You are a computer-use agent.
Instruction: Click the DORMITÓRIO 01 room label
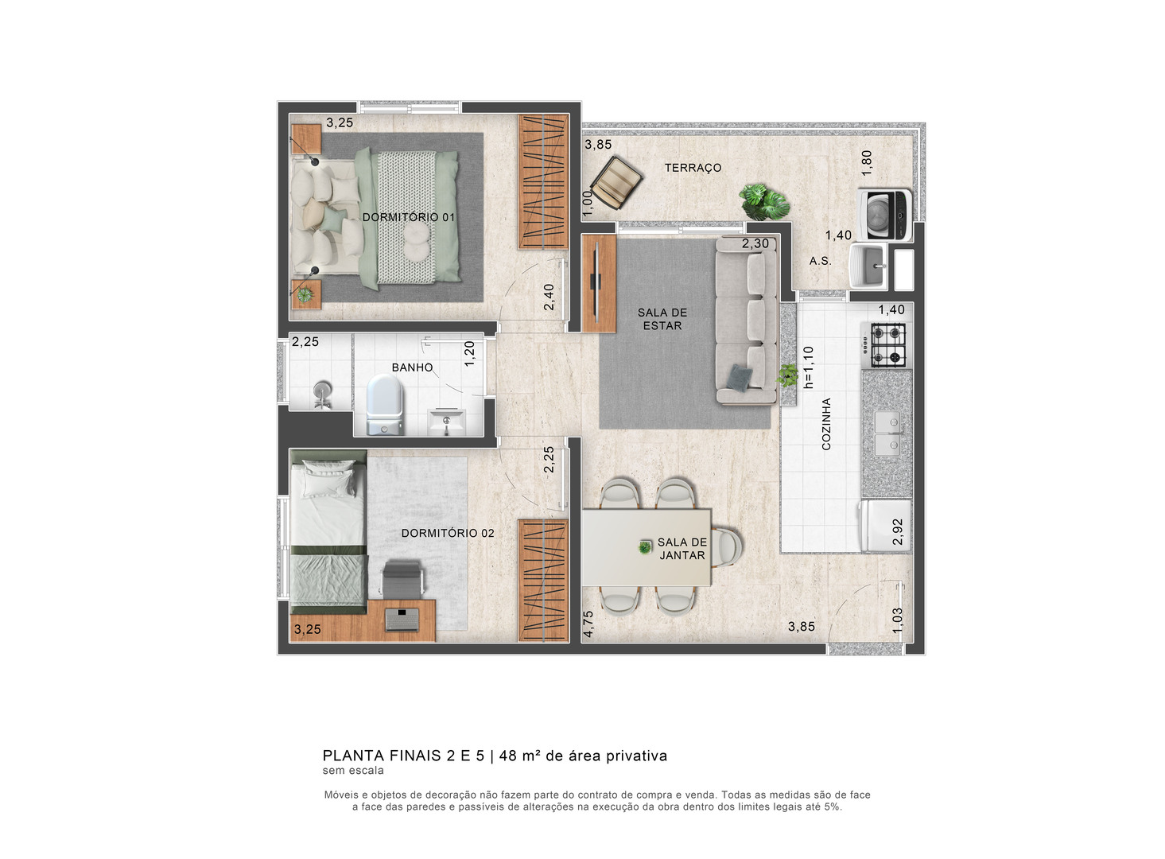coord(408,217)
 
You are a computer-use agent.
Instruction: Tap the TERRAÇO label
coord(693,168)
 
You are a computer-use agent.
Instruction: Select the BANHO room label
coord(412,367)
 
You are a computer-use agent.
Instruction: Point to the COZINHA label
coord(826,424)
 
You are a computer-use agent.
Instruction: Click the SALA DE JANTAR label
coord(682,549)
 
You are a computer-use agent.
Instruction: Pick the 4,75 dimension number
coord(588,624)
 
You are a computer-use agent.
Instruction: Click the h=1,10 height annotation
coord(808,367)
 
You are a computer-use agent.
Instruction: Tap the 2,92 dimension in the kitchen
coord(898,532)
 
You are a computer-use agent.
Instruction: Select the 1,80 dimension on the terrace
coord(867,163)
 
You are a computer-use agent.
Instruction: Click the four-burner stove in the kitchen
coord(887,345)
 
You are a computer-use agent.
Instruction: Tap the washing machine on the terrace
coord(884,215)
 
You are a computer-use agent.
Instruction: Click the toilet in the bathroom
coord(384,406)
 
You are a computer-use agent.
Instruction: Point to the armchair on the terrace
coord(616,183)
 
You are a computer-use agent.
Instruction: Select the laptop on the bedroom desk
coord(402,619)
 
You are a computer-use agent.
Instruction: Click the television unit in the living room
coord(599,284)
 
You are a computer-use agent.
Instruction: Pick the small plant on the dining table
coord(645,547)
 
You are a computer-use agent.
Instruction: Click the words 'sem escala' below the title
coord(353,771)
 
